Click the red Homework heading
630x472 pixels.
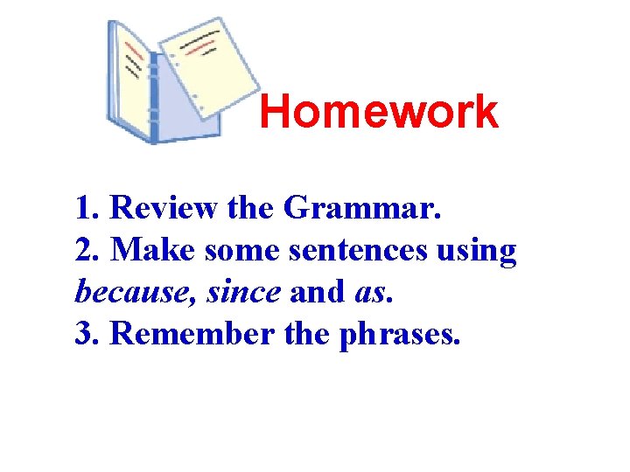point(378,113)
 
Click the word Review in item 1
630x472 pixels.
point(164,209)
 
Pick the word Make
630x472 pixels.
point(154,251)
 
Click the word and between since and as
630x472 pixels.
point(317,293)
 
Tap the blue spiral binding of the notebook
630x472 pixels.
point(152,96)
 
